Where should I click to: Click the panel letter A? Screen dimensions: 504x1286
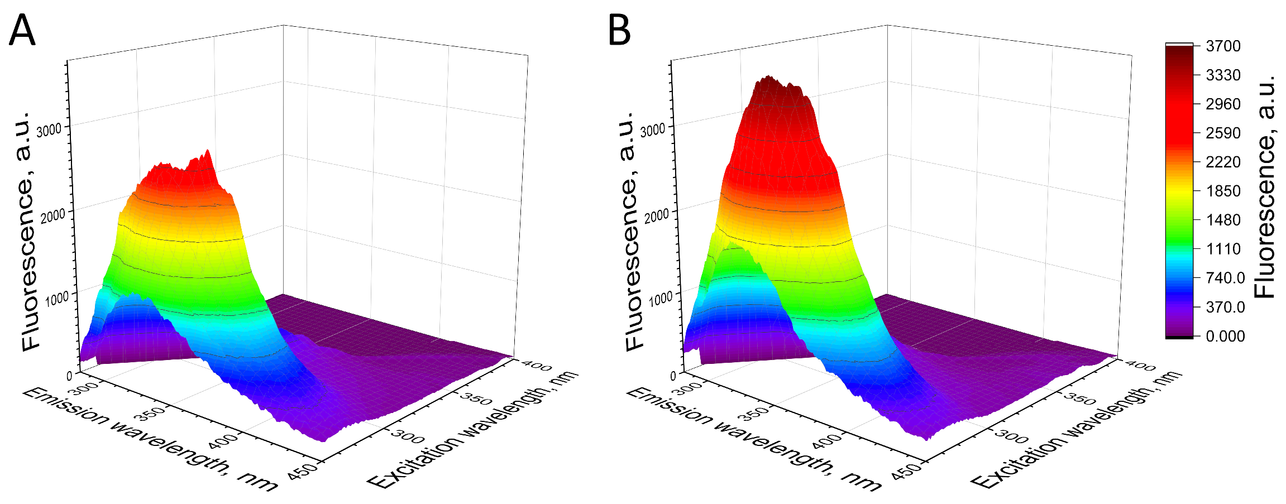pyautogui.click(x=22, y=31)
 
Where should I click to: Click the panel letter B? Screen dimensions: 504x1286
pyautogui.click(x=619, y=31)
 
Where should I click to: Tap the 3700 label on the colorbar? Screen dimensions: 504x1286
pyautogui.click(x=1223, y=46)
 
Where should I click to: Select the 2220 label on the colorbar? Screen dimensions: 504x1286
pyautogui.click(x=1223, y=162)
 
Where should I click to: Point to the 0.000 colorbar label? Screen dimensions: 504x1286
pyautogui.click(x=1225, y=336)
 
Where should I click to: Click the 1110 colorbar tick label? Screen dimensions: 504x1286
pyautogui.click(x=1223, y=249)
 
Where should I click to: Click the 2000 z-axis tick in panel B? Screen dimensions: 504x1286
pyautogui.click(x=656, y=216)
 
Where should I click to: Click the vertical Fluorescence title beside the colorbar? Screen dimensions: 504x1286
pyautogui.click(x=1265, y=186)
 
